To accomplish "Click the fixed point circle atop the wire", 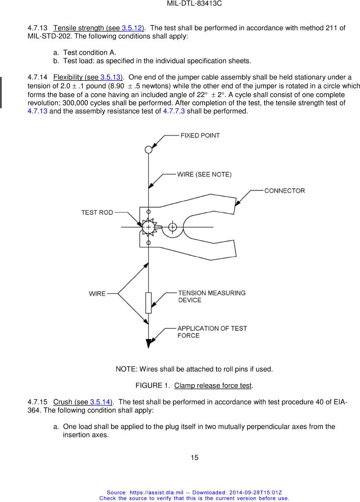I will coord(149,149).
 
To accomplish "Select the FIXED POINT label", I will coord(200,135).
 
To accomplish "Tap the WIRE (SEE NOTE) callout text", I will coord(204,174).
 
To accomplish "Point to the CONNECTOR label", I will coord(284,191).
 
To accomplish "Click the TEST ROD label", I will coord(97,212).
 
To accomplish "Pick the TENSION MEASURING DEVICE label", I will coord(211,296).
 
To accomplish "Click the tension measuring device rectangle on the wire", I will coord(149,303).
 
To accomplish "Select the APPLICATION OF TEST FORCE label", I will coord(212,332).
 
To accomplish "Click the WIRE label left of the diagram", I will coord(97,294).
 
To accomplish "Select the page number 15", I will coord(194,458).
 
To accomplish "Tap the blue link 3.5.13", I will coord(111,77).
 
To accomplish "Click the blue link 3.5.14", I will coord(100,402).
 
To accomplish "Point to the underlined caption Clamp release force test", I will coord(213,385).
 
